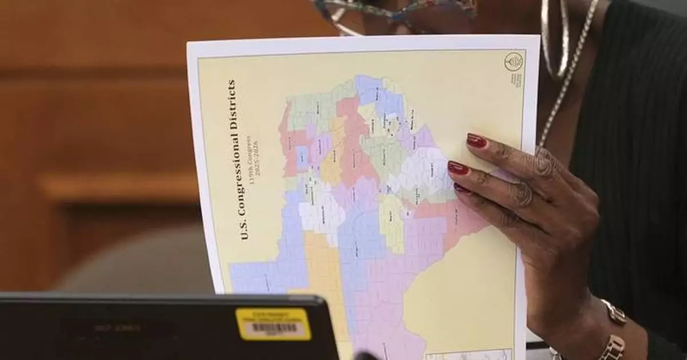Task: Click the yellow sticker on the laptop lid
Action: [x=273, y=324]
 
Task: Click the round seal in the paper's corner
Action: [x=513, y=61]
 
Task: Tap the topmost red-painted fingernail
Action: [x=476, y=141]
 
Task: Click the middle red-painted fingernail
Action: [x=458, y=168]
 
